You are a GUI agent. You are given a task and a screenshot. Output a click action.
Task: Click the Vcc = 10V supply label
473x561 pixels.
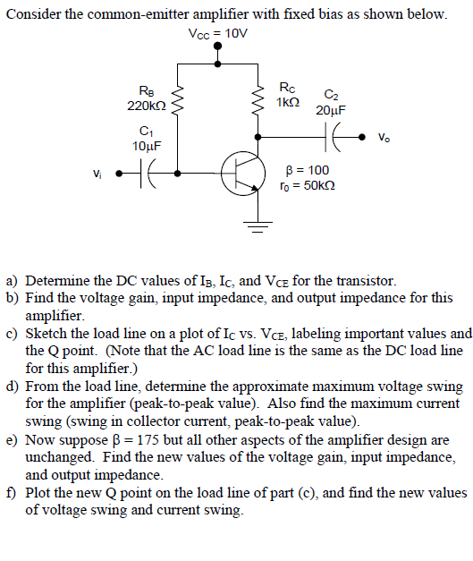coord(218,34)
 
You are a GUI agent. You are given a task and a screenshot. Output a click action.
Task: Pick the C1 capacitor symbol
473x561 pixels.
coord(151,172)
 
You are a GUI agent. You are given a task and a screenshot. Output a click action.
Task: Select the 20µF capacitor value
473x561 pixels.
coord(330,110)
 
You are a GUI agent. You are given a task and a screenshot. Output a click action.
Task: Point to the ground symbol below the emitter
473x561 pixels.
coord(260,225)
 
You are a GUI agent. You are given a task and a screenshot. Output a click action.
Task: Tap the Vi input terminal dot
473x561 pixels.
coord(118,172)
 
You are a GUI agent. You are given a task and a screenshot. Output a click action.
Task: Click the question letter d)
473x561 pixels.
coord(13,387)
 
